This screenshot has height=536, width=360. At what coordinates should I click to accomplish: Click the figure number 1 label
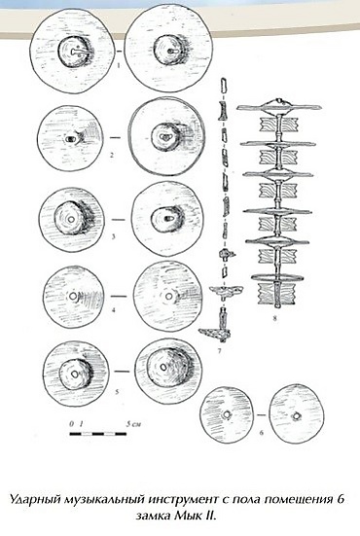tap(119, 64)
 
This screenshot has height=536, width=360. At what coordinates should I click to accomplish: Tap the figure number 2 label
tap(112, 156)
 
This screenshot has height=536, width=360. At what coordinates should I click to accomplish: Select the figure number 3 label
tap(114, 236)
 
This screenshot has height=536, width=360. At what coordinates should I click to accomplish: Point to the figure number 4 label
tap(113, 310)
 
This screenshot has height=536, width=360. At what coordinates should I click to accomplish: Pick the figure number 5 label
tap(117, 392)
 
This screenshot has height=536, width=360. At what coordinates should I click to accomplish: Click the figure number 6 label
tap(262, 433)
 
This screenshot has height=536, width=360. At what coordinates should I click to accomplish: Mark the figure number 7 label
tap(220, 351)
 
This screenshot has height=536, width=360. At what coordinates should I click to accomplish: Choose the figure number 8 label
tap(274, 320)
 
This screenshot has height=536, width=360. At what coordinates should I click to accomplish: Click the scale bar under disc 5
tap(98, 434)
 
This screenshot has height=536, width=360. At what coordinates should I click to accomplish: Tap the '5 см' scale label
tap(133, 424)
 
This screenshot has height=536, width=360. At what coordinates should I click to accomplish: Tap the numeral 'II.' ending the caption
tap(210, 515)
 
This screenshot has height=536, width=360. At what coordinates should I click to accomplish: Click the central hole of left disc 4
tap(73, 296)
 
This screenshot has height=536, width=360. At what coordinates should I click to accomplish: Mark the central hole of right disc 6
tap(297, 416)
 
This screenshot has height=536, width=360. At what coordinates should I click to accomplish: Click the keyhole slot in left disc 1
tap(78, 52)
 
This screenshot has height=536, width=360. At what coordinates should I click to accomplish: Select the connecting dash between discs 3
tap(119, 220)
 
